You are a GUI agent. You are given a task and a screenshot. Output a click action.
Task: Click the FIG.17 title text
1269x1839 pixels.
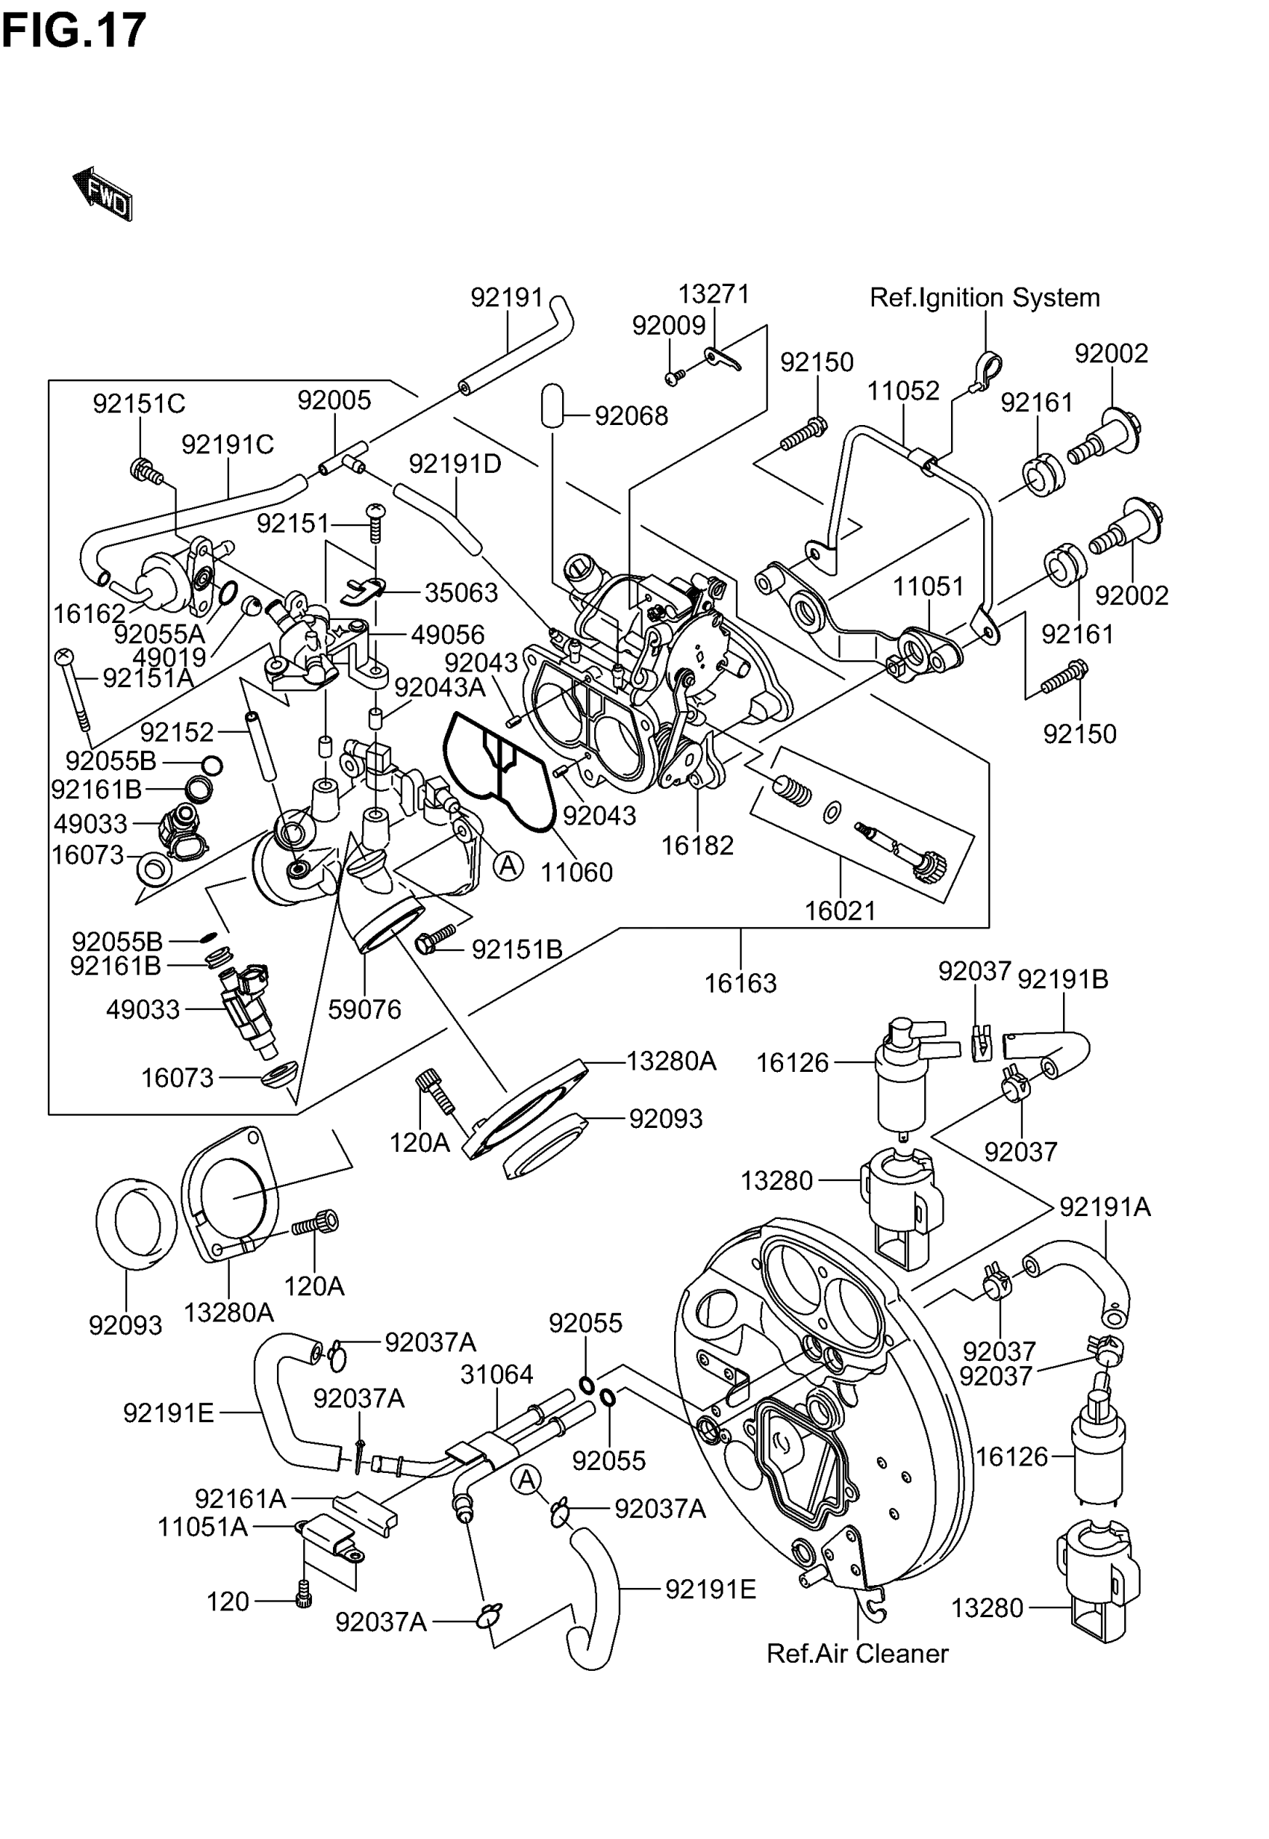[74, 30]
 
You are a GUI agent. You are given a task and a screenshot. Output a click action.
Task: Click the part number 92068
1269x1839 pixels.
[632, 416]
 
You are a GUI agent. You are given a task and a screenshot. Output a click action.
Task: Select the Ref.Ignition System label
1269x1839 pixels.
[985, 297]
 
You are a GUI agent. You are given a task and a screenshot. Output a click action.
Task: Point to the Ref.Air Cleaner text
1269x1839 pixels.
[857, 1654]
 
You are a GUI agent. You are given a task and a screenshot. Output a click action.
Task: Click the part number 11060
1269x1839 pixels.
[576, 872]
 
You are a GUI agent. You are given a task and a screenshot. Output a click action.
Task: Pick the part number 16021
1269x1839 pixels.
[841, 911]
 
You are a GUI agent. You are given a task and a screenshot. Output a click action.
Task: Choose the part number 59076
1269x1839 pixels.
[365, 1009]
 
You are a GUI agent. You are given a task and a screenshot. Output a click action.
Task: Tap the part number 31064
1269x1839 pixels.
[497, 1374]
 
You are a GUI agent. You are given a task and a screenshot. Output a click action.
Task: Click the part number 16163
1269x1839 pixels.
[740, 984]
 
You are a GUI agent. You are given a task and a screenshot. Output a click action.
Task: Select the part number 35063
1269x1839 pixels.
[461, 592]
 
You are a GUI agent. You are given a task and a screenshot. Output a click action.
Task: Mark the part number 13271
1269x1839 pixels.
[714, 294]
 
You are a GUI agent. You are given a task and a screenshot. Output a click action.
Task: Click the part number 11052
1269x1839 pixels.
[903, 391]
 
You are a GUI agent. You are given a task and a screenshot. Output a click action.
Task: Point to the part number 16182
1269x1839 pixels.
[697, 846]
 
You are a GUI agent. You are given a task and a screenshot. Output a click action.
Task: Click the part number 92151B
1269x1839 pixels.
[517, 949]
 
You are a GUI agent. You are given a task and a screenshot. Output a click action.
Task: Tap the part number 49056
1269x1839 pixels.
[448, 635]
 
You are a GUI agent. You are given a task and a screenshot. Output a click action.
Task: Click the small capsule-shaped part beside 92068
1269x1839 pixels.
[553, 406]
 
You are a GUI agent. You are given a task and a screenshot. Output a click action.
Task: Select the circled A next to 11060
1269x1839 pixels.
[508, 866]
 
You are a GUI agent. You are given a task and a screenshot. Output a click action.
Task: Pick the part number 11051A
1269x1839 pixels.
[203, 1528]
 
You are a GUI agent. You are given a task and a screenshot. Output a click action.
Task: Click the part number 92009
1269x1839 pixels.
[669, 326]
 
